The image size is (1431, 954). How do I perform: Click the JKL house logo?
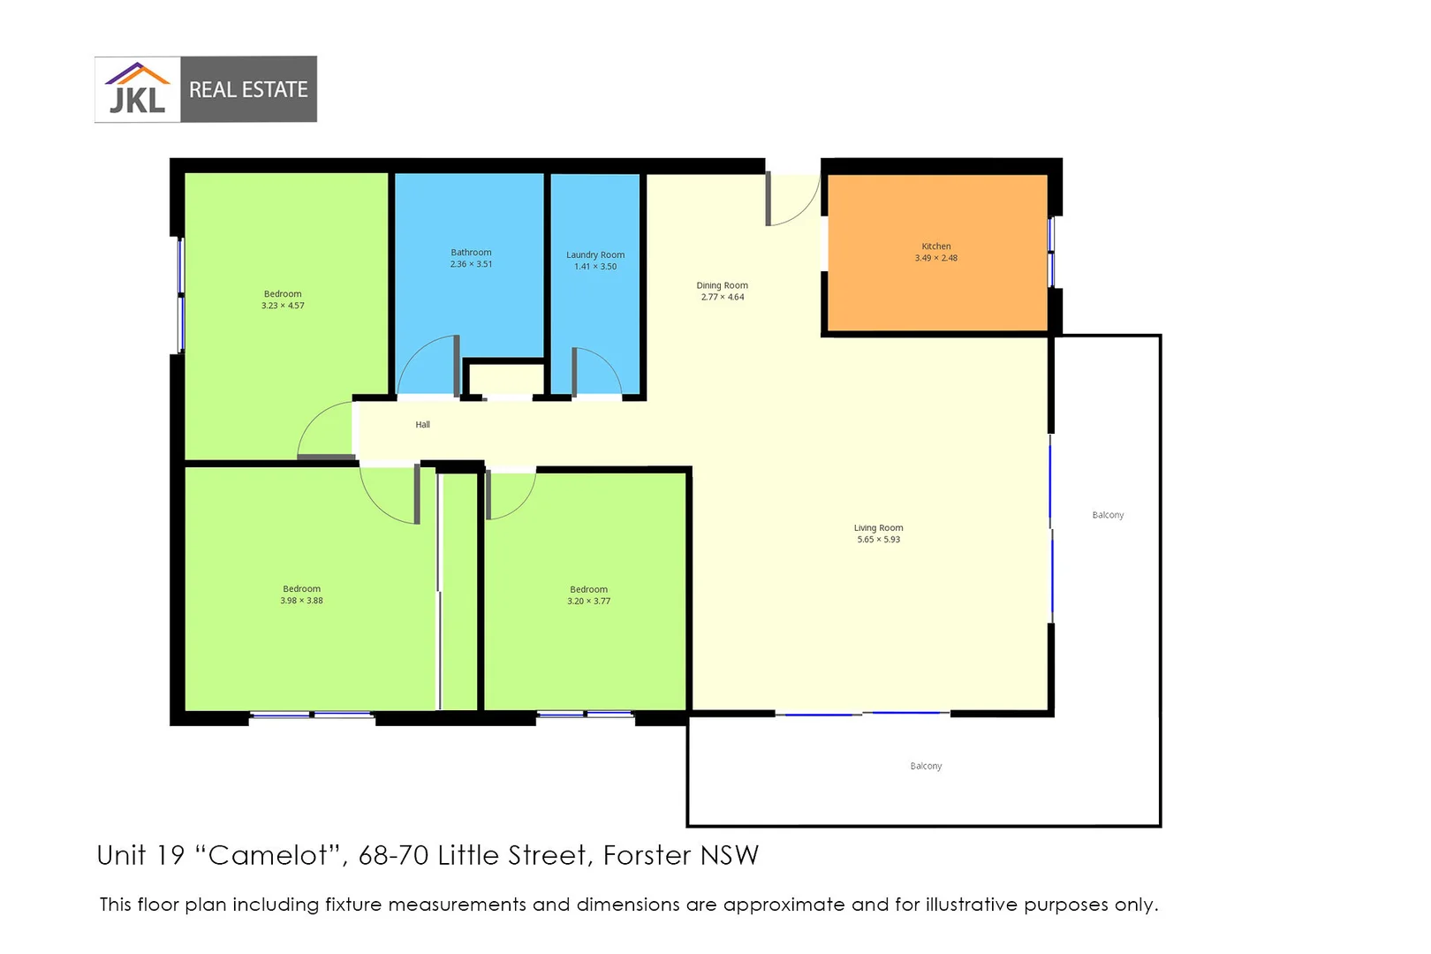138,89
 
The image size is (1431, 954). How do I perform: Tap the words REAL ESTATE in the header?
248,90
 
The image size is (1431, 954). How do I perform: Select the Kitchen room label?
935,246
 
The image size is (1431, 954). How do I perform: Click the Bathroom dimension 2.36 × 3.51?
471,264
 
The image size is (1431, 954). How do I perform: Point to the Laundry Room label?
594,255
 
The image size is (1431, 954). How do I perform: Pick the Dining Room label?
722,285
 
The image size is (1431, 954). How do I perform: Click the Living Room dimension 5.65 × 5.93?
878,540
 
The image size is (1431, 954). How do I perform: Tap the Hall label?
422,425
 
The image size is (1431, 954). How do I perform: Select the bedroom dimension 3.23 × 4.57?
283,306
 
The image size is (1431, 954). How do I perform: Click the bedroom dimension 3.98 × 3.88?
301,601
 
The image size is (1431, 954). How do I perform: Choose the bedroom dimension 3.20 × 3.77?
588,602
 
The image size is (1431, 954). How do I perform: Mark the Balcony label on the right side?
1108,515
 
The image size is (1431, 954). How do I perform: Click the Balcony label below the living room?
926,766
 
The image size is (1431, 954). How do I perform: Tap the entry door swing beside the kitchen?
792,201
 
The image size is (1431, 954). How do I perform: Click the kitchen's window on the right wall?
1051,252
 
